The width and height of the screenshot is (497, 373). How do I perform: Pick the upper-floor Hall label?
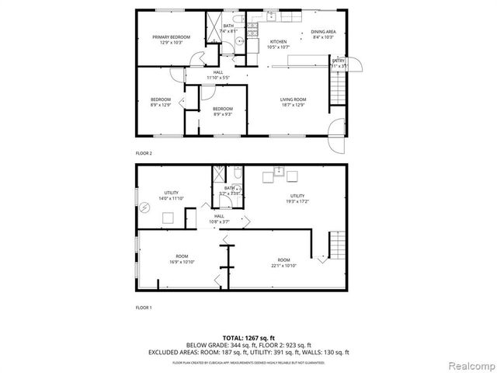pyautogui.click(x=218, y=75)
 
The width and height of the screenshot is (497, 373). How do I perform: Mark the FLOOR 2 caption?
pyautogui.click(x=144, y=153)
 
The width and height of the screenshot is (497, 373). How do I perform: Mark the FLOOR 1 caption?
pyautogui.click(x=144, y=308)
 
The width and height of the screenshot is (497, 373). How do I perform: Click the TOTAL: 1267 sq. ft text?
pyautogui.click(x=248, y=337)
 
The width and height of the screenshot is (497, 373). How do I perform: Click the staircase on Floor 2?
pyautogui.click(x=336, y=85)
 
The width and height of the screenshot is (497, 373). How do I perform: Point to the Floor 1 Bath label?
pyautogui.click(x=230, y=190)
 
